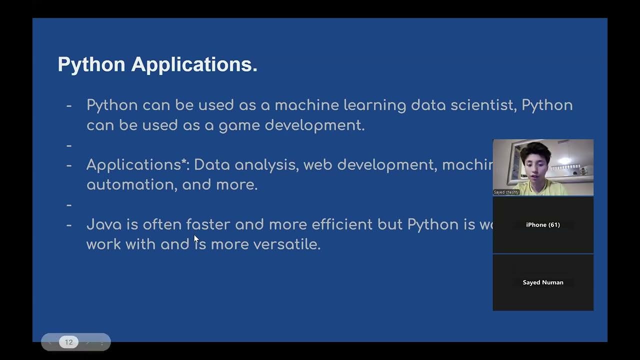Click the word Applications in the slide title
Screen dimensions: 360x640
pos(194,65)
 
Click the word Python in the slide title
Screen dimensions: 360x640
pos(91,65)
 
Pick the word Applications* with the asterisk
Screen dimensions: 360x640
pos(137,165)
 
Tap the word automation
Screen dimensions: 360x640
pos(131,185)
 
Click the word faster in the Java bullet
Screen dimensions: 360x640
pos(208,224)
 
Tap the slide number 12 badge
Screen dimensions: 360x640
pos(69,342)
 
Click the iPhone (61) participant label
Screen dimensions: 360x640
pos(543,225)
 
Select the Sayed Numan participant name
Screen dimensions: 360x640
pos(543,282)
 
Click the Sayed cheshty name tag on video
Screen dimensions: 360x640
pos(506,192)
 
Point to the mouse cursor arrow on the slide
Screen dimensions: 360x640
pos(196,239)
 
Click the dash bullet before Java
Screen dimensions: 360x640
pos(69,225)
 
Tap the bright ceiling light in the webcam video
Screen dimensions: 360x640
pos(564,160)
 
